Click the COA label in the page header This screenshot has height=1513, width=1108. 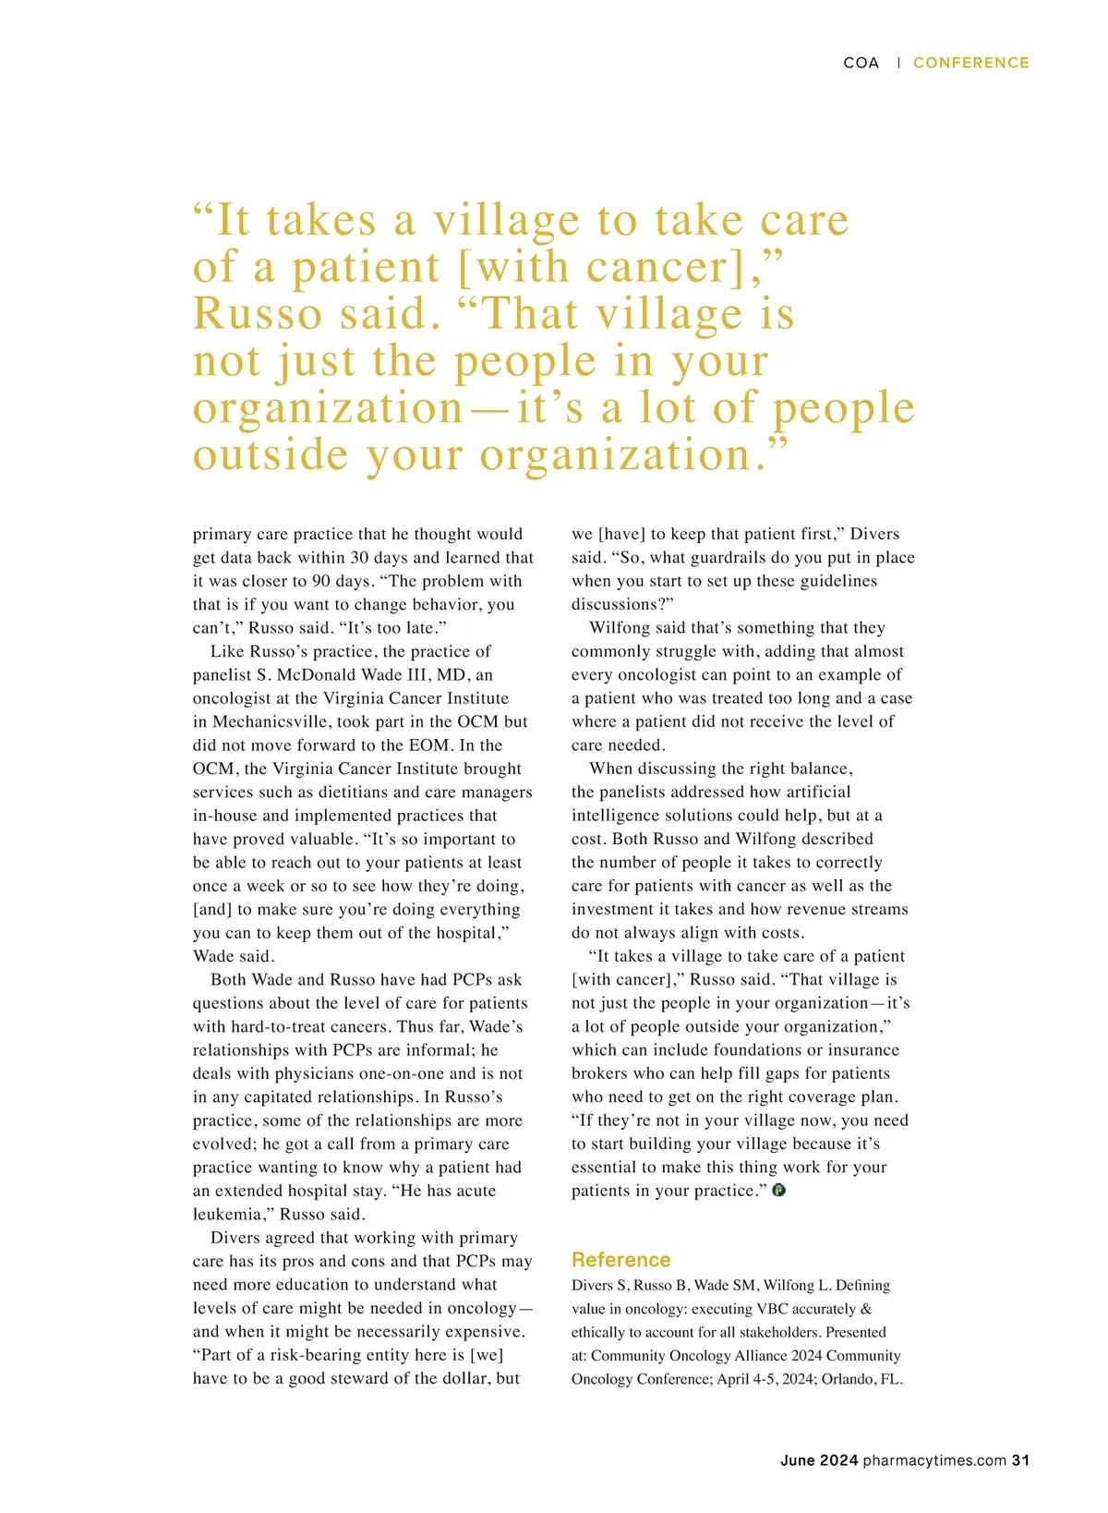click(861, 63)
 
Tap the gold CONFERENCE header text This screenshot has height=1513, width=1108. click(970, 63)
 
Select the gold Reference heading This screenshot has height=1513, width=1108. click(620, 1260)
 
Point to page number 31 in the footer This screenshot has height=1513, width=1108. click(1020, 1460)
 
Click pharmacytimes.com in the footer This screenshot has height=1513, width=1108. click(934, 1460)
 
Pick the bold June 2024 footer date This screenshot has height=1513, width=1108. click(819, 1460)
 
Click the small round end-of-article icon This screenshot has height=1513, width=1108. click(778, 1191)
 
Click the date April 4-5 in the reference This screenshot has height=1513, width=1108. click(748, 1379)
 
